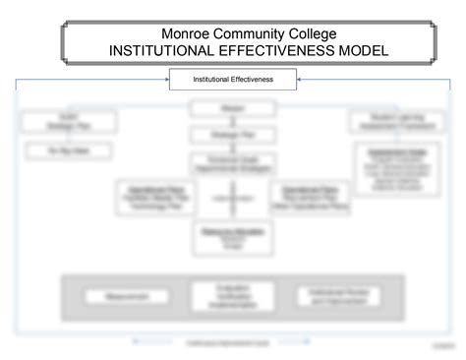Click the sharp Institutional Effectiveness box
click(x=232, y=78)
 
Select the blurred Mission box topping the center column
click(x=233, y=108)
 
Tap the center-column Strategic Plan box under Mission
click(x=233, y=134)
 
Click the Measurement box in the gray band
click(x=116, y=295)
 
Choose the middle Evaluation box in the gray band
click(x=233, y=295)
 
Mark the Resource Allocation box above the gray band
click(x=233, y=237)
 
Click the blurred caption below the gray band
click(x=233, y=342)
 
